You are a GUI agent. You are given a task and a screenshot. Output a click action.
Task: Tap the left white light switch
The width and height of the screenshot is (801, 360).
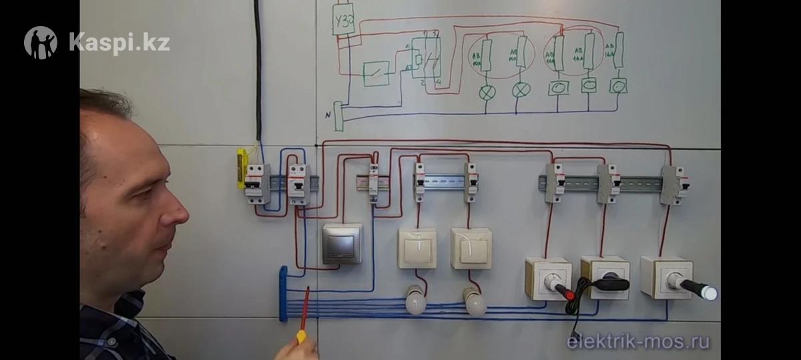417,248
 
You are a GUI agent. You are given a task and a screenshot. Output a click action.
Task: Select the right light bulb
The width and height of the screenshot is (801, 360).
475,302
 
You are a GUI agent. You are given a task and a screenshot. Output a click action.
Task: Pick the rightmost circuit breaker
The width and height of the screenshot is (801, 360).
673,184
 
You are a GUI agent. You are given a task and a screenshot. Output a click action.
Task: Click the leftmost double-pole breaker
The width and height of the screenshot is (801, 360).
256,183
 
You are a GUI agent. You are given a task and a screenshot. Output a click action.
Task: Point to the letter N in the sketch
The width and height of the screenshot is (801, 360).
328,116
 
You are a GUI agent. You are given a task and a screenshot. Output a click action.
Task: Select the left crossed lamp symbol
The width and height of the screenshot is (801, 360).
488,91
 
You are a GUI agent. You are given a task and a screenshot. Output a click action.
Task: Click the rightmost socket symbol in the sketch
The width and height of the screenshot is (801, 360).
619,86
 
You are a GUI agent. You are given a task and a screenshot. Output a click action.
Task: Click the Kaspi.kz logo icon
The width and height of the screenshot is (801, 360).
41,43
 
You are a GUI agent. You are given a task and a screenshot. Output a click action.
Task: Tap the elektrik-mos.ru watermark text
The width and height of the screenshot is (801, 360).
638,342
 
